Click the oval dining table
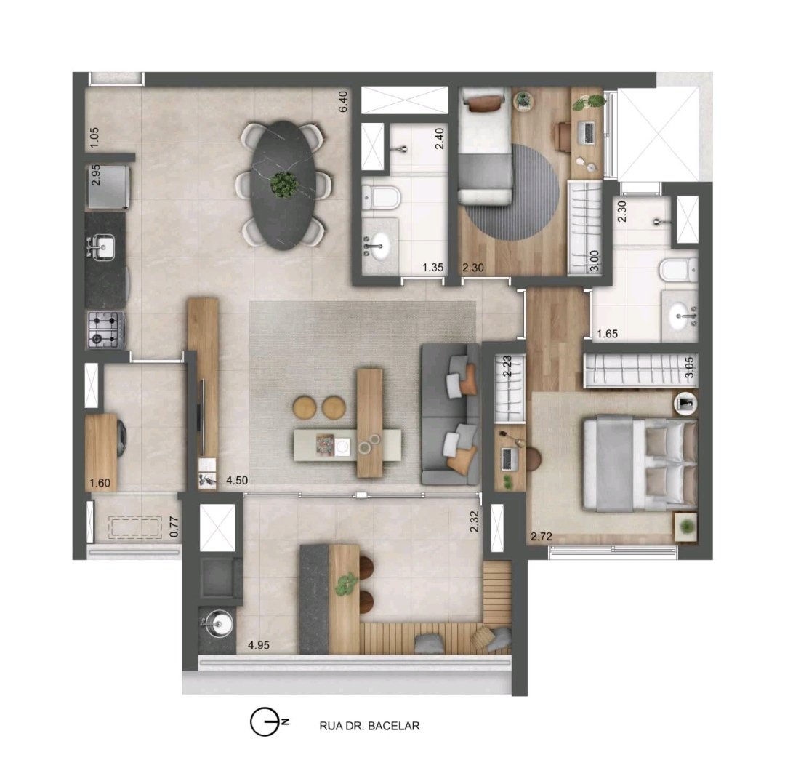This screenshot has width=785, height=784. (284, 185)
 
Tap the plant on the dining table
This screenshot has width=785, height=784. (284, 184)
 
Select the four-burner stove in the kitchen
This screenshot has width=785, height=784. (106, 329)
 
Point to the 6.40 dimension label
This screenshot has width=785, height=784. (343, 101)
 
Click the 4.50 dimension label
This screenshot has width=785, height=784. (237, 481)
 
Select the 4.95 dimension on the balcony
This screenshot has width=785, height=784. (259, 645)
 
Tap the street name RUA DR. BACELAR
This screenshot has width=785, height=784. (369, 725)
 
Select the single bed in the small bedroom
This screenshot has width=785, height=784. (485, 146)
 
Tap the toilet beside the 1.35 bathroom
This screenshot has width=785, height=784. (381, 197)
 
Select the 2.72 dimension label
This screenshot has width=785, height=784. (542, 537)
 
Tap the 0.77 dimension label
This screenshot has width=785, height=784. (174, 527)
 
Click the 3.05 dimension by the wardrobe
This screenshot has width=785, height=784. (690, 367)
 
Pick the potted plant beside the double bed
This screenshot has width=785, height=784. (686, 527)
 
